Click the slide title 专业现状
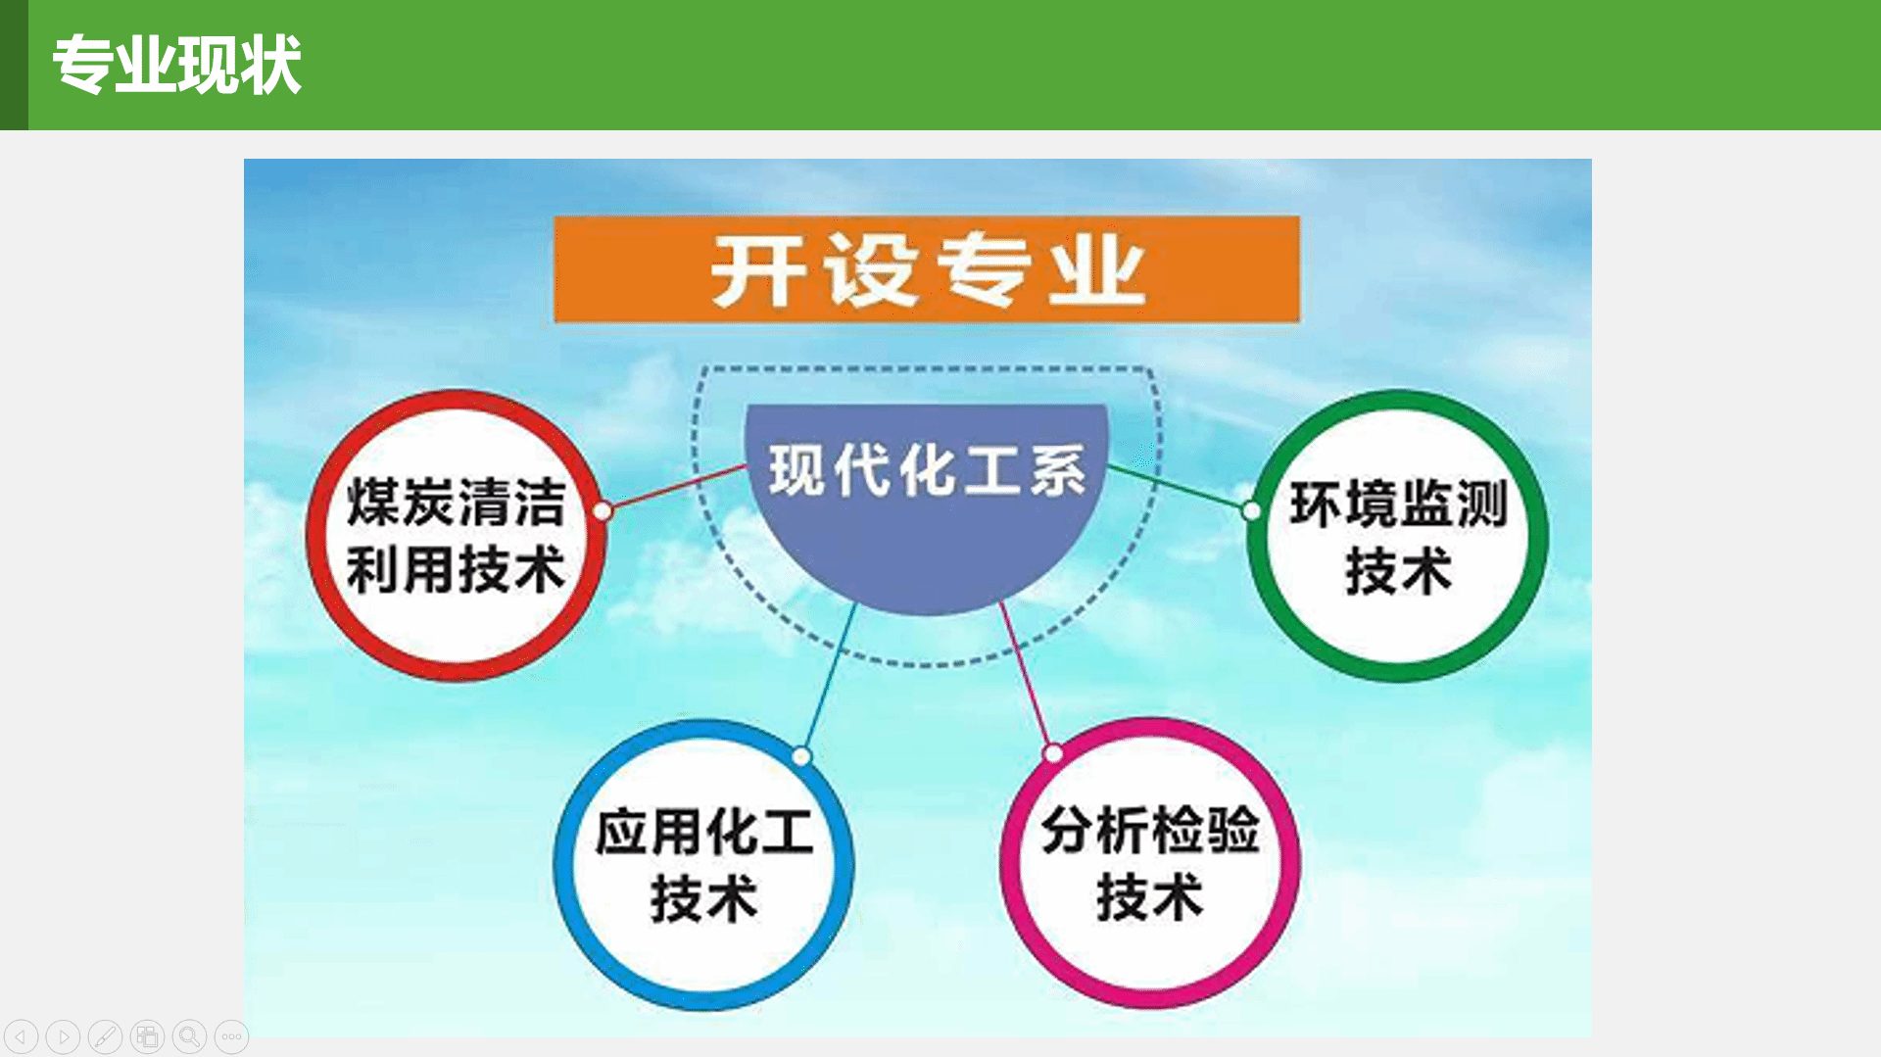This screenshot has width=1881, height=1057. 176,65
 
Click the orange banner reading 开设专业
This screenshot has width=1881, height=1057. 927,269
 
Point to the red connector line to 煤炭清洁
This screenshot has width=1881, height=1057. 676,487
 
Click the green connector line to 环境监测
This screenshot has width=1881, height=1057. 1179,487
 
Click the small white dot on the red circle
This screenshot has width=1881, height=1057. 603,511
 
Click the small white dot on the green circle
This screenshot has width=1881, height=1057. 1251,510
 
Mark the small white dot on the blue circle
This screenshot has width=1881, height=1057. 801,756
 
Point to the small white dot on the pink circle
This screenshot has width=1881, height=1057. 1053,753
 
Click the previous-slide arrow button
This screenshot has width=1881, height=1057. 22,1036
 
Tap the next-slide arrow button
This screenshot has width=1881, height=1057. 64,1036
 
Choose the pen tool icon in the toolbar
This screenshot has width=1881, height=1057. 106,1036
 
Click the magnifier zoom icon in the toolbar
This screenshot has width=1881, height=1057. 190,1036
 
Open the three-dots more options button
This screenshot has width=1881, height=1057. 232,1036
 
